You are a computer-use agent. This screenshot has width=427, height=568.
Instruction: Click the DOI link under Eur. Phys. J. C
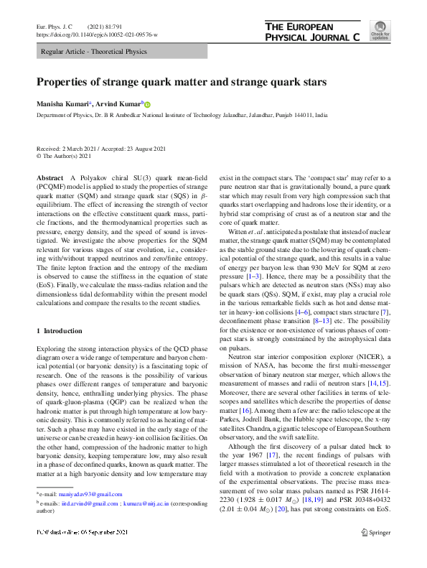click(97, 34)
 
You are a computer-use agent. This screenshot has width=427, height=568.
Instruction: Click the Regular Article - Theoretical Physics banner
click(94, 52)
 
